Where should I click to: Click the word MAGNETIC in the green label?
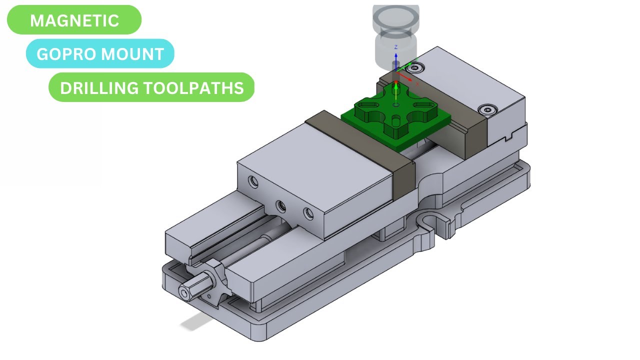74,20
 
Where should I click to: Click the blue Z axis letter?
396,47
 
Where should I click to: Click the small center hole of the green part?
396,105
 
